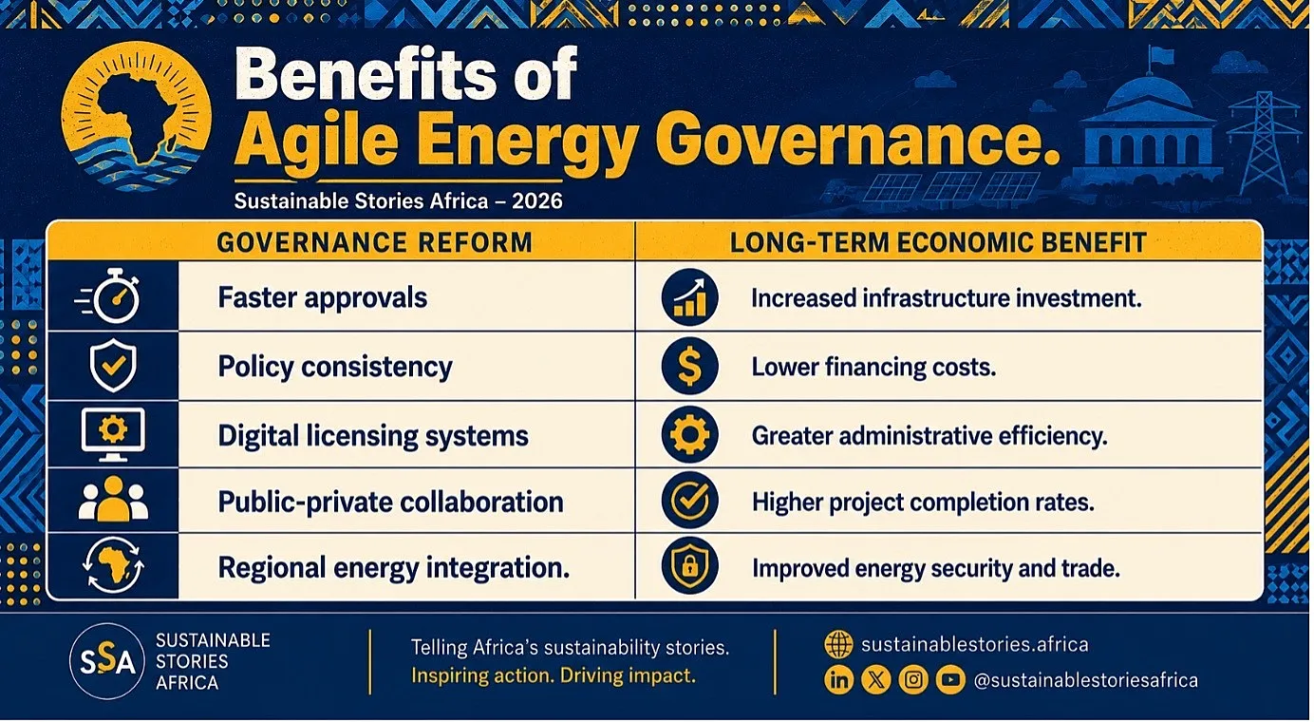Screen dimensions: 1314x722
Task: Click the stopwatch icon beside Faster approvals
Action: pyautogui.click(x=110, y=296)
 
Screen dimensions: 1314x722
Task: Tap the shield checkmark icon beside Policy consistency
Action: pyautogui.click(x=113, y=365)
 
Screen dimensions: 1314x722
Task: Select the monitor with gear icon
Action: pyautogui.click(x=113, y=434)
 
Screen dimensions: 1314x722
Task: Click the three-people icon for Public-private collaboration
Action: pyautogui.click(x=113, y=500)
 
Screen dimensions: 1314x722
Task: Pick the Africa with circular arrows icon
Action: pyautogui.click(x=113, y=566)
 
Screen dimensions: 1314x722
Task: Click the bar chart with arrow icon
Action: pyautogui.click(x=690, y=297)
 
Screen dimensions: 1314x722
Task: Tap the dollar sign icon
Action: pyautogui.click(x=690, y=366)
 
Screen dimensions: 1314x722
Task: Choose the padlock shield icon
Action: pyautogui.click(x=690, y=566)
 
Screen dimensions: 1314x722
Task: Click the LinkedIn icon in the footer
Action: pyautogui.click(x=839, y=680)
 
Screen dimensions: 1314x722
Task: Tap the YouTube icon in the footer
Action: pyautogui.click(x=950, y=680)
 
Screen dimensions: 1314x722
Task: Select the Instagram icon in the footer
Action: pyautogui.click(x=913, y=680)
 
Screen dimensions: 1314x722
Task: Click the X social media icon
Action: pyautogui.click(x=875, y=680)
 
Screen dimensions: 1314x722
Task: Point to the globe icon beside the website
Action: pyautogui.click(x=839, y=644)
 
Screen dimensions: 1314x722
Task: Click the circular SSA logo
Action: pyautogui.click(x=106, y=661)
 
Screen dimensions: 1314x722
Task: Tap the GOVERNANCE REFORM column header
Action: pyautogui.click(x=374, y=242)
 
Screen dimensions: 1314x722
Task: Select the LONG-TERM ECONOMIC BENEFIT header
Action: pyautogui.click(x=937, y=242)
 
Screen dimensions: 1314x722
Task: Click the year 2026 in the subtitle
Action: pyautogui.click(x=536, y=201)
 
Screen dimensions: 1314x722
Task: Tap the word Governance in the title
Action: pyautogui.click(x=857, y=142)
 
